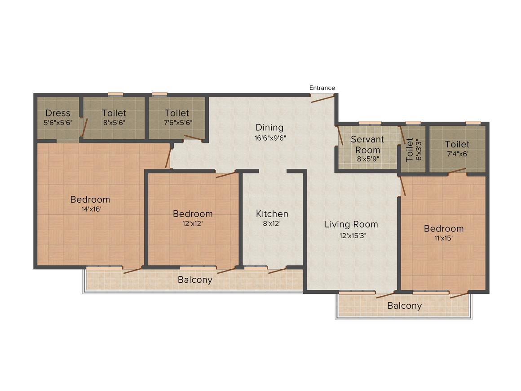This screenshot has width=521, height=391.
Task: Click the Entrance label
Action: click(x=322, y=88)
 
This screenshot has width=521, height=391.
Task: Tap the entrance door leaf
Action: click(x=322, y=99)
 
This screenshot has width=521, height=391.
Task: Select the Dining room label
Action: click(x=269, y=127)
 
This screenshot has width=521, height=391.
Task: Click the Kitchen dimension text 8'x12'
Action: click(x=272, y=223)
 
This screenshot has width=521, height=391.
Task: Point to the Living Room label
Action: click(x=351, y=224)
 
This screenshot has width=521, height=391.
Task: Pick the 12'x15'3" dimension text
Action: click(x=353, y=236)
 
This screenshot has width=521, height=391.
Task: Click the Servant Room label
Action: click(x=367, y=145)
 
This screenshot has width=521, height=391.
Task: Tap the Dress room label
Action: click(x=58, y=113)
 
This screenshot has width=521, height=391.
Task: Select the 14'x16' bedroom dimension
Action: click(x=91, y=209)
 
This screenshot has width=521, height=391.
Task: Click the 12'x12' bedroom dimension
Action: click(x=192, y=223)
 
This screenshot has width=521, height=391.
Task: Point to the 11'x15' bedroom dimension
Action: click(x=444, y=238)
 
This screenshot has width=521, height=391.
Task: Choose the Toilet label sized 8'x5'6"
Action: click(x=114, y=113)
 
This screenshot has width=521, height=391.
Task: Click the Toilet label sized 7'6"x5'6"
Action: click(x=177, y=113)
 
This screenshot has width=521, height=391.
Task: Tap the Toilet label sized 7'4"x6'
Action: click(x=457, y=144)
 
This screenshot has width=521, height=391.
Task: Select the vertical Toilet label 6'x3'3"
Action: click(x=409, y=150)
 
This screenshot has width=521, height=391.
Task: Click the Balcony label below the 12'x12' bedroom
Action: click(x=195, y=280)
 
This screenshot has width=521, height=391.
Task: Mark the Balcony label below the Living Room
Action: click(x=404, y=306)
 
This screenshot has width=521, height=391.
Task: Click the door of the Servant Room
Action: click(x=340, y=135)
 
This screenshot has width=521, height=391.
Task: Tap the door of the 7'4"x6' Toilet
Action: click(x=457, y=171)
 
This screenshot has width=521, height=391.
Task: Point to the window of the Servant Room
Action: click(x=370, y=123)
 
